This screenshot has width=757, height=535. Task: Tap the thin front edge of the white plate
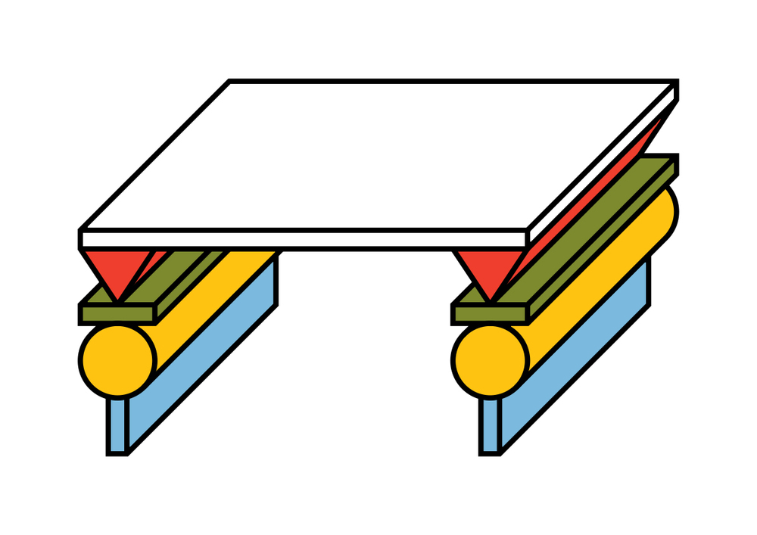[x=303, y=239]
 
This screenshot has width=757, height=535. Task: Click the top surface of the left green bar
[x=182, y=276]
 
